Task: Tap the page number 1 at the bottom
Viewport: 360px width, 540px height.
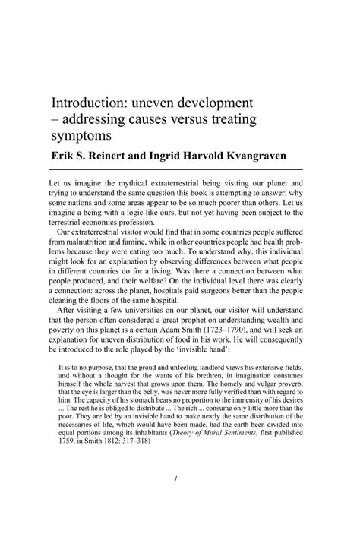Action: [x=175, y=500]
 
